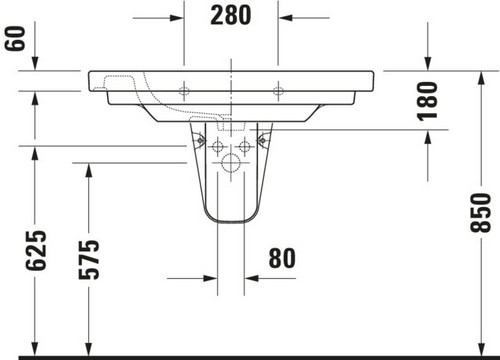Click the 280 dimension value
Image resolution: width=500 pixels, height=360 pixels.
(230, 16)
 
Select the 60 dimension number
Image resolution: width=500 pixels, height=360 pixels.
(15, 38)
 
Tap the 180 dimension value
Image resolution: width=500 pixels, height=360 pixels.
(427, 101)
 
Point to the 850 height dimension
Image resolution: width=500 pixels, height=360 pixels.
(480, 212)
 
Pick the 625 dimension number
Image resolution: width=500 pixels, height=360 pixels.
(36, 250)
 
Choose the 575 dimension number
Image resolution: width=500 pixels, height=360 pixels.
(89, 259)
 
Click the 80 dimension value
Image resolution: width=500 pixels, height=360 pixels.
(282, 258)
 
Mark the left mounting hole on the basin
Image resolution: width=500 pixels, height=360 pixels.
(184, 90)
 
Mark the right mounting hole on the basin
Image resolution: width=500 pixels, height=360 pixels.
(278, 90)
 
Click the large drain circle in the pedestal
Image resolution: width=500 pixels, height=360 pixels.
(231, 163)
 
